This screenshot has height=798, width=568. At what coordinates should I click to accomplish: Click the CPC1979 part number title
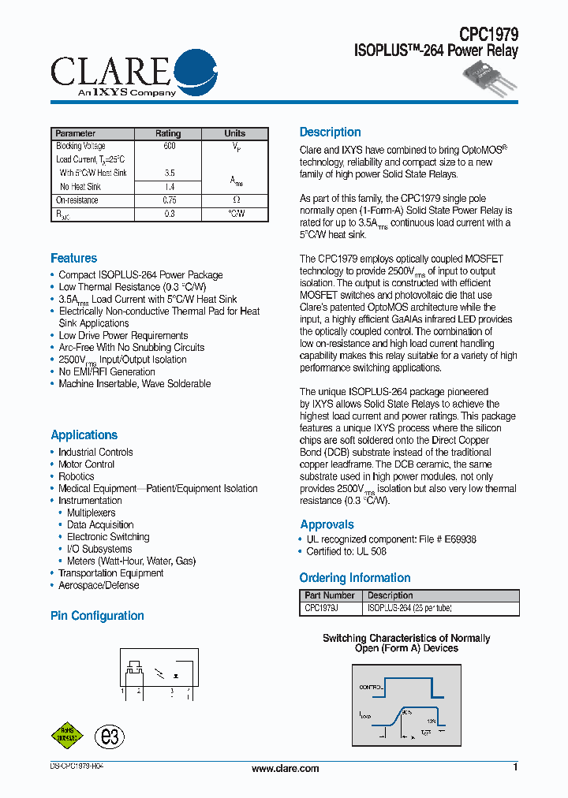point(489,34)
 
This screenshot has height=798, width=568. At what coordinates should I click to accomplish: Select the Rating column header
point(168,133)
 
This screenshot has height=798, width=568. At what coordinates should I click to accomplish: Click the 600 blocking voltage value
point(169,146)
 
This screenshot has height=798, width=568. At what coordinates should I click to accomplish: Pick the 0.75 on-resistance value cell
point(169,200)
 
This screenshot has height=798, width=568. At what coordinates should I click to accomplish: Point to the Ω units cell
point(235,200)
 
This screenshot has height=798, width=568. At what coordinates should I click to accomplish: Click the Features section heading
point(74,259)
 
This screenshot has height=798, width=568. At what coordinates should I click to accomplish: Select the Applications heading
point(84,434)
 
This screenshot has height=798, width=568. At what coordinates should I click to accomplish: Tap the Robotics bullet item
point(77,476)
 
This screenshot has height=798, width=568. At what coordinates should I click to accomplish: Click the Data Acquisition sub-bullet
point(100,524)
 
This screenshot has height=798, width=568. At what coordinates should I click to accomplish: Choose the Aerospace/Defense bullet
point(99,585)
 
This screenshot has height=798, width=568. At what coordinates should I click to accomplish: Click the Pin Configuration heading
point(97,616)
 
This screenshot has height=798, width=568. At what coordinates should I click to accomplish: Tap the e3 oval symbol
point(110,736)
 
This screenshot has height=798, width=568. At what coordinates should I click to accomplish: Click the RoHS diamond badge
point(67,736)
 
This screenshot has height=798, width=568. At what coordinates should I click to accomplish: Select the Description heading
point(330,132)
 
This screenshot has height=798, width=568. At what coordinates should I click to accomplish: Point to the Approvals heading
point(327,524)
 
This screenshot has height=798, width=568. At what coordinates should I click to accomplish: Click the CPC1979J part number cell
point(322,608)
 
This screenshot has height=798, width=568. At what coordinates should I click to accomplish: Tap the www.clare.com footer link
point(285,769)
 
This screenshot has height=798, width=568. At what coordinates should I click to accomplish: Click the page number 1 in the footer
point(515,767)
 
